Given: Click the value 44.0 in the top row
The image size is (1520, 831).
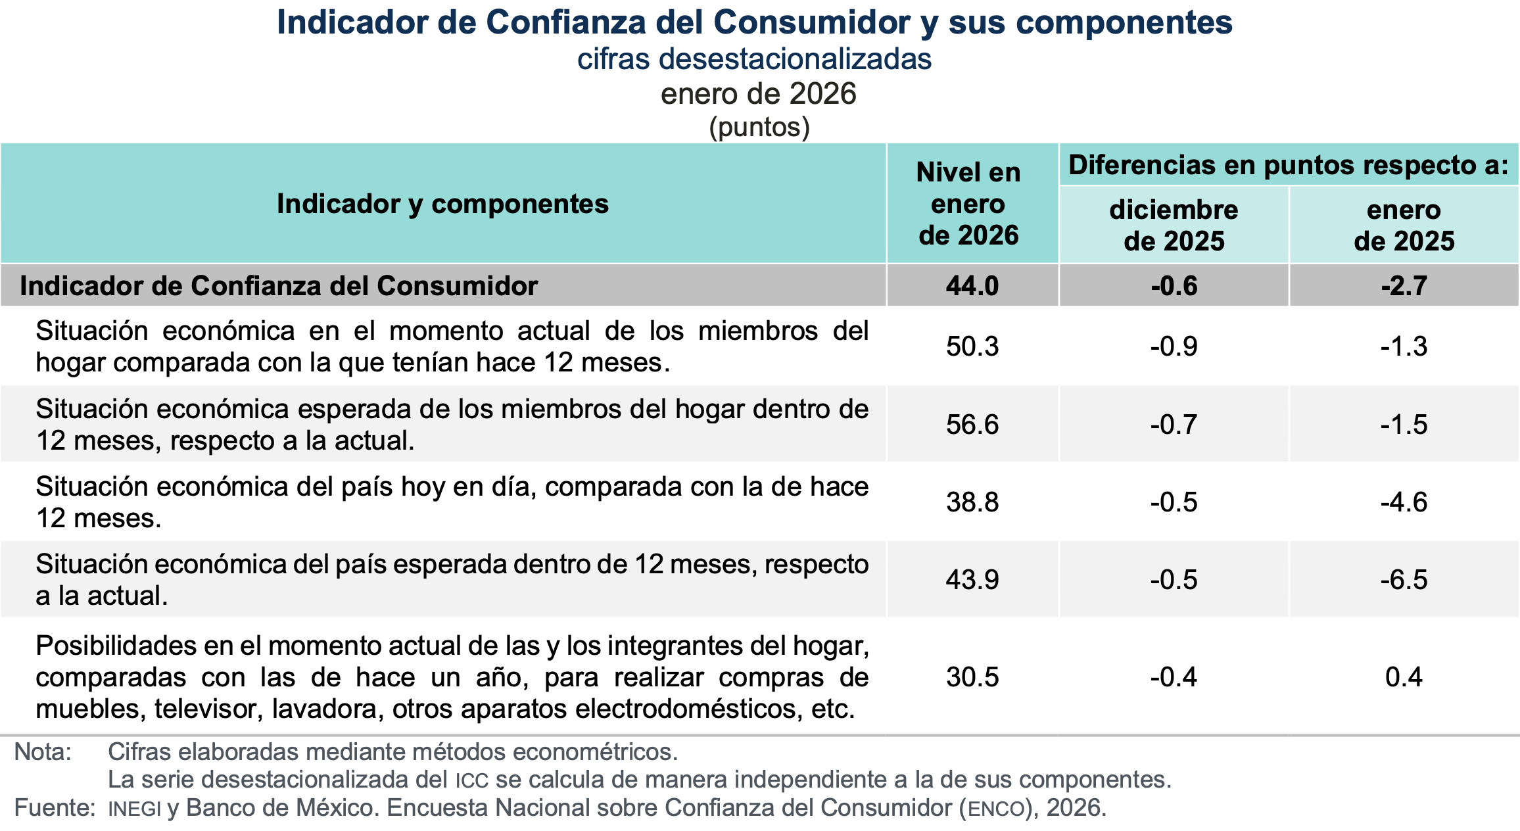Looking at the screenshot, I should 972,286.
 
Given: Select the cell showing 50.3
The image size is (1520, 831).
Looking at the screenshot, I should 972,346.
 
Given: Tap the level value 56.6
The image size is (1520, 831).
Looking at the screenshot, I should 972,424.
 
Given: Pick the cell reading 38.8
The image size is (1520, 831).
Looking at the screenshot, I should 972,502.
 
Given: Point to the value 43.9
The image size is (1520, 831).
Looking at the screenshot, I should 972,580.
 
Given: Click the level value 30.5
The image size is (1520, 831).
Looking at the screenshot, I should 972,677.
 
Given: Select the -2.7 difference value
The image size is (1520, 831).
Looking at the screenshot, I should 1404,286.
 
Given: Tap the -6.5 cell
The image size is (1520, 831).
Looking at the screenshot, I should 1404,580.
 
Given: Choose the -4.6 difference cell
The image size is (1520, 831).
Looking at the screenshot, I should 1404,502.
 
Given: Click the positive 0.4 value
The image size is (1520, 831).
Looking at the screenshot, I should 1404,677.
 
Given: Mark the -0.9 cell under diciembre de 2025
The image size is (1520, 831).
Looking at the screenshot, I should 1174,346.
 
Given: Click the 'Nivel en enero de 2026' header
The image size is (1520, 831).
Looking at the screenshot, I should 968,204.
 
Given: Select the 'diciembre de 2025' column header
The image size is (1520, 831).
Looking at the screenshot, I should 1174,226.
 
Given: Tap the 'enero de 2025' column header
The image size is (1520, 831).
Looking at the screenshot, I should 1404,226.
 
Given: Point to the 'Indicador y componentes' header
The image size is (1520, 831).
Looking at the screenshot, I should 442,204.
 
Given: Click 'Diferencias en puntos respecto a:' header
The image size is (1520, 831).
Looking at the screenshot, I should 1288,165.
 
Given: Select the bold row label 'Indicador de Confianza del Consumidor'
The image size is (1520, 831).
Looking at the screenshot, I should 279,286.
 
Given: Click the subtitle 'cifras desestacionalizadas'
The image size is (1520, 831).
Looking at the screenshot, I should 754,59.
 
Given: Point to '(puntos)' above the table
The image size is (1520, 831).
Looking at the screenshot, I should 759,127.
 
